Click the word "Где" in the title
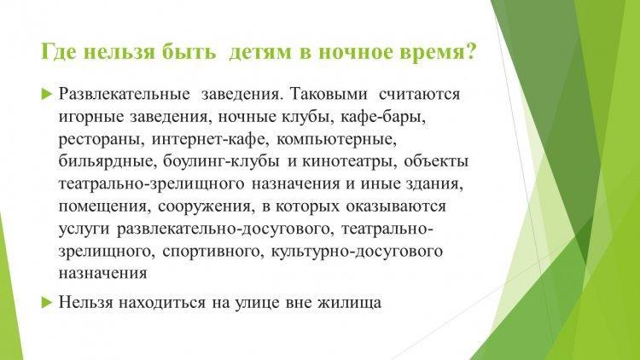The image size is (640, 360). point(58,53)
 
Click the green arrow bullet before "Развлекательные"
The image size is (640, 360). point(47,94)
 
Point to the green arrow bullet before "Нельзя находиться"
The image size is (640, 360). point(47,303)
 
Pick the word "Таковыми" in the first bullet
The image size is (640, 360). point(329,94)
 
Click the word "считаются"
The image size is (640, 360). point(420,95)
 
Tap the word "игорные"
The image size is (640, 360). point(91,117)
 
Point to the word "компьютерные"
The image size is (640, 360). point(337,140)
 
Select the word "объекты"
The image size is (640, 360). point(436,161)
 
